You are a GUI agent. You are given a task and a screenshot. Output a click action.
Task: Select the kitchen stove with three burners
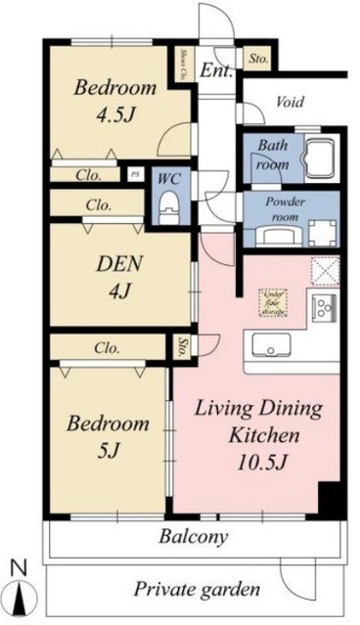pyautogui.click(x=323, y=308)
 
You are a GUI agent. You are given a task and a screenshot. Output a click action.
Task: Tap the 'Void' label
pyautogui.click(x=289, y=102)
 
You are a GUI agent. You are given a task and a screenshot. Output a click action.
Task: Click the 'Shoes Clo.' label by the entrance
pyautogui.click(x=185, y=64)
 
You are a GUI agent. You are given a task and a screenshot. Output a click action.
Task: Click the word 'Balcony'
pyautogui.click(x=195, y=536)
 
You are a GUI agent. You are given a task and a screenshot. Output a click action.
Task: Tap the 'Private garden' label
pyautogui.click(x=197, y=589)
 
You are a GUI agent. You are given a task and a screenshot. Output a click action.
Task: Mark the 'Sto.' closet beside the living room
pyautogui.click(x=183, y=346)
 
